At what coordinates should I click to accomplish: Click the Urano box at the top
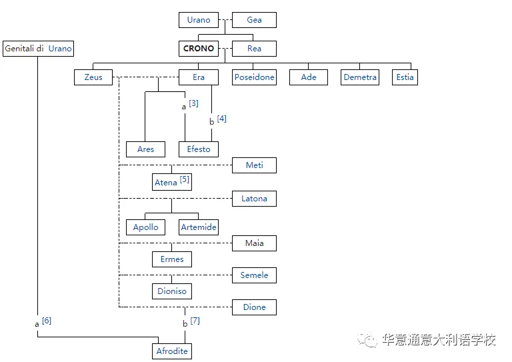point(199,20)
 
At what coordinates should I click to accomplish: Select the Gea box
point(254,20)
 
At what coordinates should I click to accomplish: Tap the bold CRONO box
point(199,49)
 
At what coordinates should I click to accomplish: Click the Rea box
point(254,49)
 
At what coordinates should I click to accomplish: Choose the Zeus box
point(93,77)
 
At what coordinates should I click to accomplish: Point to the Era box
point(199,77)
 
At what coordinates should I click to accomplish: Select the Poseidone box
point(254,77)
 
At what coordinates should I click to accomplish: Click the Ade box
point(309,77)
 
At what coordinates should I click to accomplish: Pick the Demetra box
point(360,77)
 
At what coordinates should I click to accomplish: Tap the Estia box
point(405,77)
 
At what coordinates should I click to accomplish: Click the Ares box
point(145,149)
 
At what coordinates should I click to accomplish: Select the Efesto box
point(199,149)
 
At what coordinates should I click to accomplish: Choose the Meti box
point(254,165)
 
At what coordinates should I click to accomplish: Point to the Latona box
point(254,199)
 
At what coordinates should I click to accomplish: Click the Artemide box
point(199,227)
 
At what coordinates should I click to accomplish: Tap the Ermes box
point(172,259)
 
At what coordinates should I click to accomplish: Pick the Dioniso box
point(172,291)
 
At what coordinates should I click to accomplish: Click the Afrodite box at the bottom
point(172,351)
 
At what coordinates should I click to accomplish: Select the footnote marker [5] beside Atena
point(185,179)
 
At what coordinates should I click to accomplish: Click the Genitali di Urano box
point(38,49)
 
